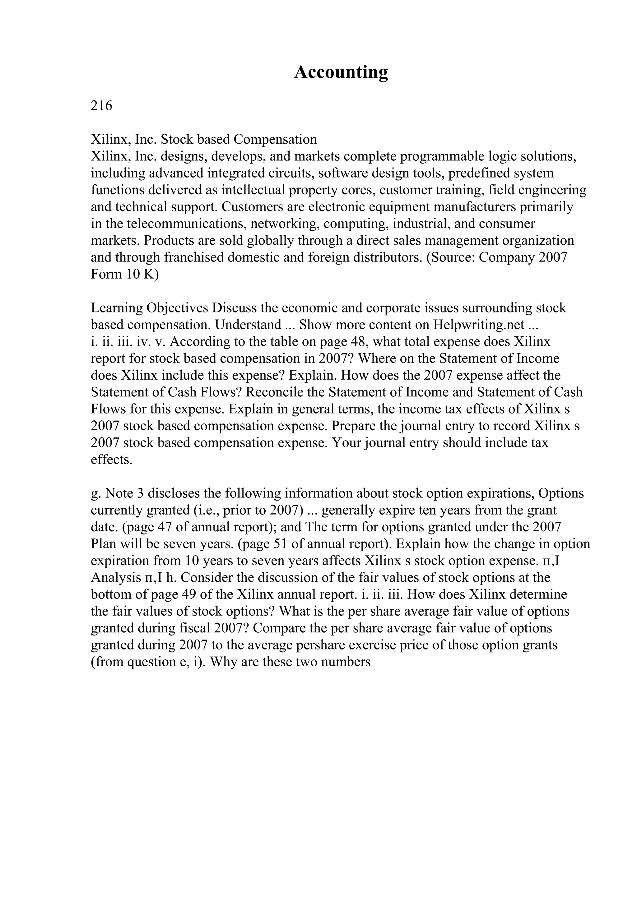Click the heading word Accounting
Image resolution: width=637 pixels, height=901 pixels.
click(341, 72)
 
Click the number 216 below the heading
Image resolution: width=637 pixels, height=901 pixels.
click(101, 106)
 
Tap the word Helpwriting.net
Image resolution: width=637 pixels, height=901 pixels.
click(479, 325)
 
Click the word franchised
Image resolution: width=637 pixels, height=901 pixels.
click(198, 257)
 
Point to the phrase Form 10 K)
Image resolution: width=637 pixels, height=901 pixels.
click(125, 274)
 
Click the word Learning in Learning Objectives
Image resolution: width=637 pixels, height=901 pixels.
click(117, 308)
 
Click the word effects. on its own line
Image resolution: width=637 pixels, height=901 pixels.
click(111, 460)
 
